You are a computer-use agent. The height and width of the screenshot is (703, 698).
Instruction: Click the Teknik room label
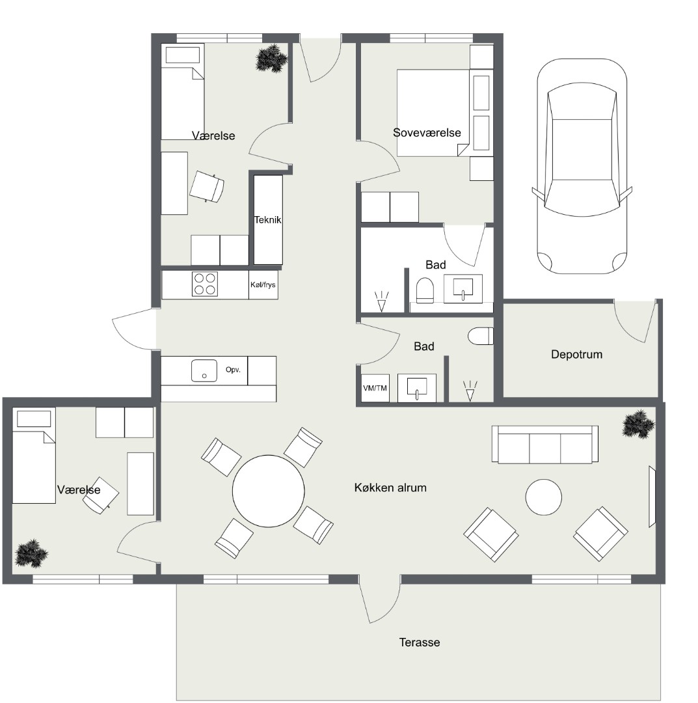(268, 220)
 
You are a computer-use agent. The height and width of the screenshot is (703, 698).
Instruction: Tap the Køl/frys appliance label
(263, 284)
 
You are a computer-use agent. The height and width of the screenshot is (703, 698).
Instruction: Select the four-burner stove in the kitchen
(205, 284)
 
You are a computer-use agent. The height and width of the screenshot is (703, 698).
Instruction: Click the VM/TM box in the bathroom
(375, 388)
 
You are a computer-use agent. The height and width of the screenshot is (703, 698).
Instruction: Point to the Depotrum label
(576, 354)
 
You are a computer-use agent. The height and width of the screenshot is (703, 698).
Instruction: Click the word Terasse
(420, 642)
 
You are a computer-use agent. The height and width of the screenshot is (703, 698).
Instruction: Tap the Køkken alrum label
(390, 488)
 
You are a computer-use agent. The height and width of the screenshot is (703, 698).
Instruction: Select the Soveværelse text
(427, 133)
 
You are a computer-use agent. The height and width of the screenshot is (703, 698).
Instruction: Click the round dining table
(269, 491)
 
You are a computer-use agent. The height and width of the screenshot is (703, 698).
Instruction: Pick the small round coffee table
(543, 497)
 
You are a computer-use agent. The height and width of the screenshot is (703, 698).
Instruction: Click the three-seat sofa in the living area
(544, 445)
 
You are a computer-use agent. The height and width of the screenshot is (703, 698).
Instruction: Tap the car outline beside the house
(582, 166)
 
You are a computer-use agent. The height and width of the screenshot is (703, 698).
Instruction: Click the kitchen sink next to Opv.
(204, 371)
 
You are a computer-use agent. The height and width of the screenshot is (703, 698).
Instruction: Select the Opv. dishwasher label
(233, 370)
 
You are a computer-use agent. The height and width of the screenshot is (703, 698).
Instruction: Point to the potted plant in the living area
(638, 424)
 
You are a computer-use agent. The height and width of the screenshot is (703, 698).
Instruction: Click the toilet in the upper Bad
(425, 290)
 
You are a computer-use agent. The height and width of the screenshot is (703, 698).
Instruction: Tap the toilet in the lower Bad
(481, 337)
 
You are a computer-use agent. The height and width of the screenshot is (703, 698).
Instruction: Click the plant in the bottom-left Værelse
(31, 553)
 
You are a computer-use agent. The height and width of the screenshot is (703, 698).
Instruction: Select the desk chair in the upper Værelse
(206, 187)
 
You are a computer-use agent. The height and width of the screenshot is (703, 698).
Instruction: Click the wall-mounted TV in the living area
(652, 496)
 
